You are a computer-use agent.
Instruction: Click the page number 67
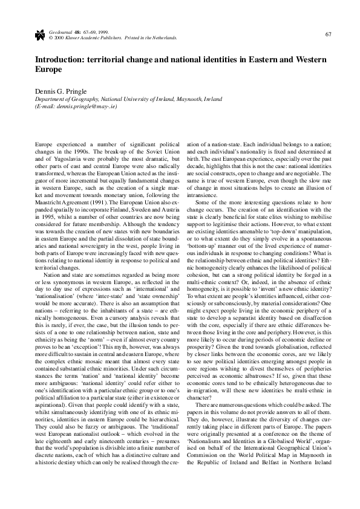(327, 33)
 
